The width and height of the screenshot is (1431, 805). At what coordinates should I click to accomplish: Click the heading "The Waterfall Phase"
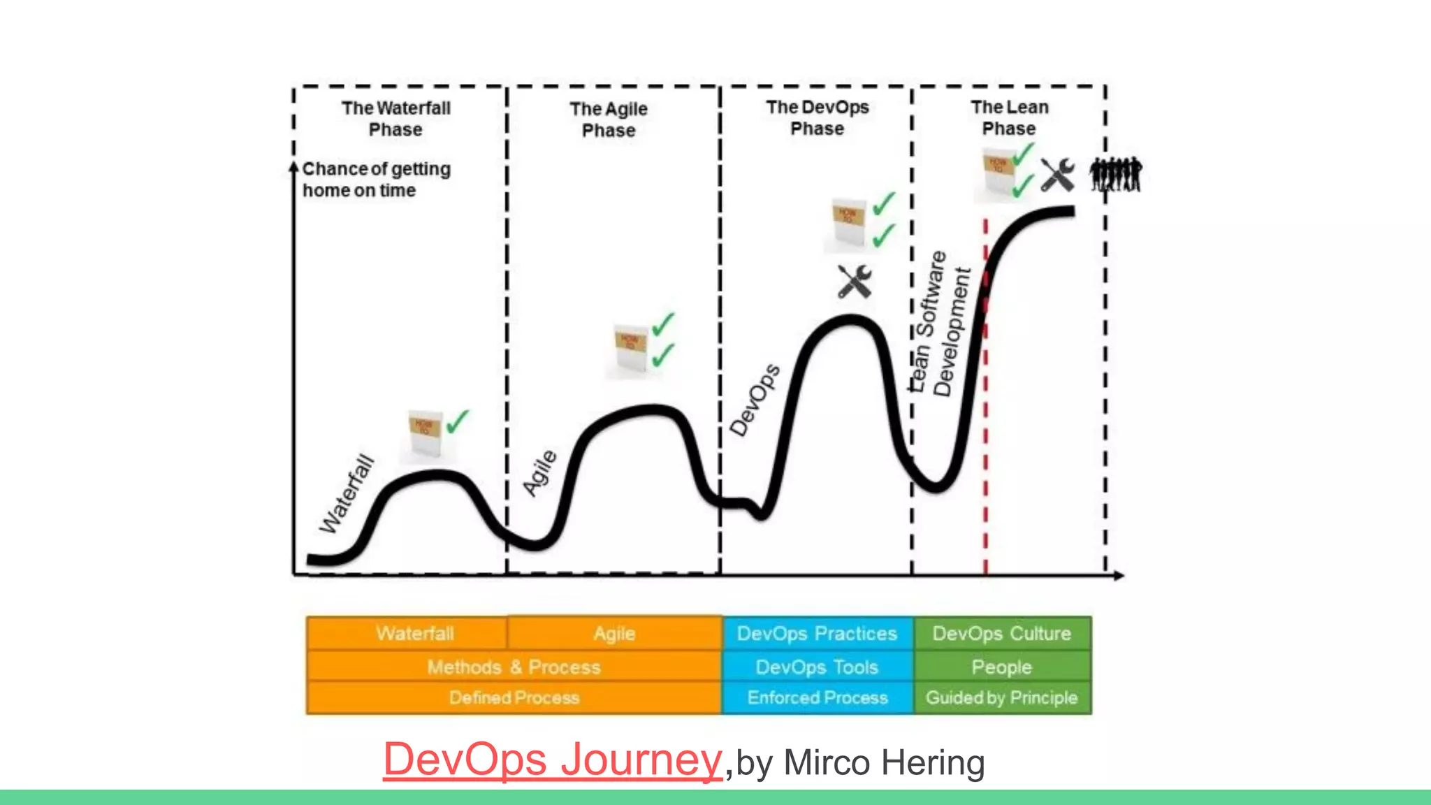(x=395, y=119)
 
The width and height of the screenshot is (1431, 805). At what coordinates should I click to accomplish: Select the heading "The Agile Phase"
(x=609, y=119)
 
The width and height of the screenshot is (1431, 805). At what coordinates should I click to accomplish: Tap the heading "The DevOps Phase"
(x=817, y=118)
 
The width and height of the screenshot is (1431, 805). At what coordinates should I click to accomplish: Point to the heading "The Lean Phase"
(x=1009, y=118)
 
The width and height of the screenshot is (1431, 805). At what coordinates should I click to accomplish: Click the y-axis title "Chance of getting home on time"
(x=376, y=180)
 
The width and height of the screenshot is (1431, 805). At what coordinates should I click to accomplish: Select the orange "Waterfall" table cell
(x=414, y=633)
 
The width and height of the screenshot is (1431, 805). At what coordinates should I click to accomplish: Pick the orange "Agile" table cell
(x=614, y=633)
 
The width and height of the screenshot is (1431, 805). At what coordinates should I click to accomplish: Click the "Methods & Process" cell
(x=514, y=667)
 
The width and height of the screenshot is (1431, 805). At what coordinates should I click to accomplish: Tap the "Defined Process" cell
(x=514, y=697)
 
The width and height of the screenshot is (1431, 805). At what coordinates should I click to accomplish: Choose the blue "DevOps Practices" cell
(x=817, y=633)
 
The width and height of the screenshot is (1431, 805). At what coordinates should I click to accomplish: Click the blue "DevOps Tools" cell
(x=817, y=667)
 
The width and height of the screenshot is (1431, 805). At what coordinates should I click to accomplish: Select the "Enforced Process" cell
(x=817, y=697)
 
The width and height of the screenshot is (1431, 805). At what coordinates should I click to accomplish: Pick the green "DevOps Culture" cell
(x=1001, y=633)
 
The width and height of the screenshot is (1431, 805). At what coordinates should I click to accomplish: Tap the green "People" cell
(x=1001, y=667)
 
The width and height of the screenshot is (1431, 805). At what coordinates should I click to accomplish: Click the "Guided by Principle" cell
(x=1001, y=697)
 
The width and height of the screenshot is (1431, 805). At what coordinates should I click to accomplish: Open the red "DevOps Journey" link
(x=552, y=760)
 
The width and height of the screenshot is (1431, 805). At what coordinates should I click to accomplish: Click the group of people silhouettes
(x=1116, y=174)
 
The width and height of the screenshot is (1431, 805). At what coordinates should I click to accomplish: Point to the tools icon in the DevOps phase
(x=855, y=282)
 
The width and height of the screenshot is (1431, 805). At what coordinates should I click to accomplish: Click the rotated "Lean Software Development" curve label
(x=940, y=323)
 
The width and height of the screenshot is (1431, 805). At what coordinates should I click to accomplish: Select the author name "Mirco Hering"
(x=884, y=762)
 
